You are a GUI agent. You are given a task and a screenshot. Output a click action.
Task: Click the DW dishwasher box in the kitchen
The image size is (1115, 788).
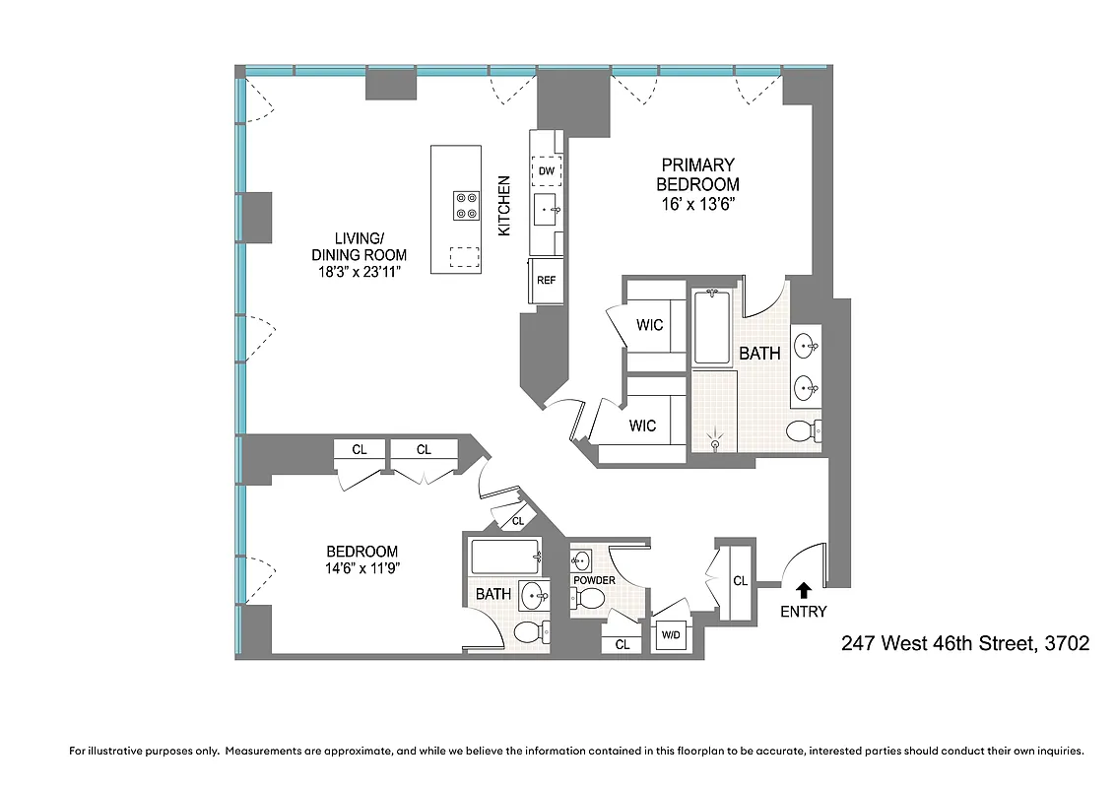[x=547, y=171]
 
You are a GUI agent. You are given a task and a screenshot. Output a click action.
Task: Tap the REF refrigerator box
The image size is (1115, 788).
[x=546, y=280]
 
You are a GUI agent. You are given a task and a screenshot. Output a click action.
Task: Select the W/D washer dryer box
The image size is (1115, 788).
[x=670, y=635]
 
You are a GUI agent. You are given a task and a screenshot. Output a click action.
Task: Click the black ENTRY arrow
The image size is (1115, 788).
[x=803, y=590]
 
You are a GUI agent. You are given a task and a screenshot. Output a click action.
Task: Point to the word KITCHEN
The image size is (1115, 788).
[x=504, y=205]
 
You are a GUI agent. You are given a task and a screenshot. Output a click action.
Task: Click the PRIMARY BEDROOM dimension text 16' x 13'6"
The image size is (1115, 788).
[x=697, y=204]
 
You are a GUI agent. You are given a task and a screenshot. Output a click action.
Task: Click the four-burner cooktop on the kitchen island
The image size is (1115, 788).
[x=466, y=205]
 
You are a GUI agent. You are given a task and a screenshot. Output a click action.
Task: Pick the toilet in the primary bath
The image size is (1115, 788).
[x=803, y=429]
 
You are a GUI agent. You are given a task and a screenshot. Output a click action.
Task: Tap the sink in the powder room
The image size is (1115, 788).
[x=581, y=560]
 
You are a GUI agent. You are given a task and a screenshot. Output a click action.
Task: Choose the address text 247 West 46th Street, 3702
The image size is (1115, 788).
[x=964, y=644]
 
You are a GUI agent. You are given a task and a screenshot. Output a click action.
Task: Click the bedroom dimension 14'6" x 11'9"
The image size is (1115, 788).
[x=361, y=568]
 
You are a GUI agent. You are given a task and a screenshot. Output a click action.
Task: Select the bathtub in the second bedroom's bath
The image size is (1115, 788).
[x=505, y=557]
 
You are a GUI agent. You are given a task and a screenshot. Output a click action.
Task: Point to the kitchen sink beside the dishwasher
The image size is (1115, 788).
[x=547, y=210]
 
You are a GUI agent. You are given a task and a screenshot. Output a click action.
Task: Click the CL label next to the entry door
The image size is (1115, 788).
[x=740, y=581]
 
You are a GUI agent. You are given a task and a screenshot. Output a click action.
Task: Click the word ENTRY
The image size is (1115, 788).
[x=803, y=612]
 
